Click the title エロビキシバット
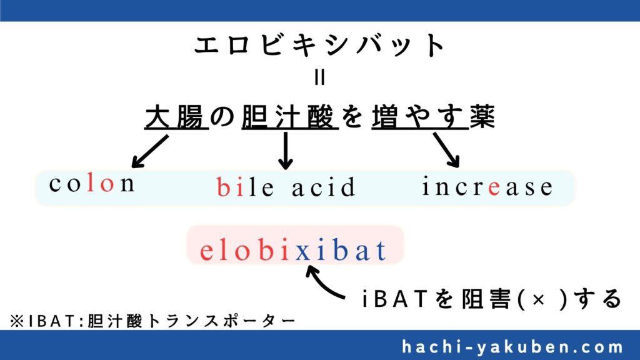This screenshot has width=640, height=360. pyautogui.click(x=319, y=45)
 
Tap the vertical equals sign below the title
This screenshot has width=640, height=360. pyautogui.click(x=320, y=77)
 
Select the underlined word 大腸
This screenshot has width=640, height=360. pyautogui.click(x=176, y=117)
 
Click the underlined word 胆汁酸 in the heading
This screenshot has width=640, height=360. pyautogui.click(x=290, y=117)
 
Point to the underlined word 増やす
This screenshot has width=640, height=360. pyautogui.click(x=419, y=117)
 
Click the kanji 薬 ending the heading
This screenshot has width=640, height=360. pyautogui.click(x=482, y=116)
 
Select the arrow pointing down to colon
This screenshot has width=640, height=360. pyautogui.click(x=150, y=151)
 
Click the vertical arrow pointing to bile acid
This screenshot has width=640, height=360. pyautogui.click(x=285, y=151)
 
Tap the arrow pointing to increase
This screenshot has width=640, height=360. pyautogui.click(x=446, y=150)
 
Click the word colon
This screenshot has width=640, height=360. pyautogui.click(x=92, y=184)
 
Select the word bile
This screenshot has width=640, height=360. pyautogui.click(x=245, y=187)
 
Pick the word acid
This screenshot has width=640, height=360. pyautogui.click(x=324, y=187)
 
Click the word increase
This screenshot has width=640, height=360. pyautogui.click(x=487, y=186)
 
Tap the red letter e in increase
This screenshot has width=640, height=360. pyautogui.click(x=494, y=188)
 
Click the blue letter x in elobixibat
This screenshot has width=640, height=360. pyautogui.click(x=302, y=252)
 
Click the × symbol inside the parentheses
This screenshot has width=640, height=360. pyautogui.click(x=539, y=299)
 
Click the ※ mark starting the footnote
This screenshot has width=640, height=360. pyautogui.click(x=17, y=321)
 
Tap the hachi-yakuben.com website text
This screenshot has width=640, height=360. pyautogui.click(x=512, y=347)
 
